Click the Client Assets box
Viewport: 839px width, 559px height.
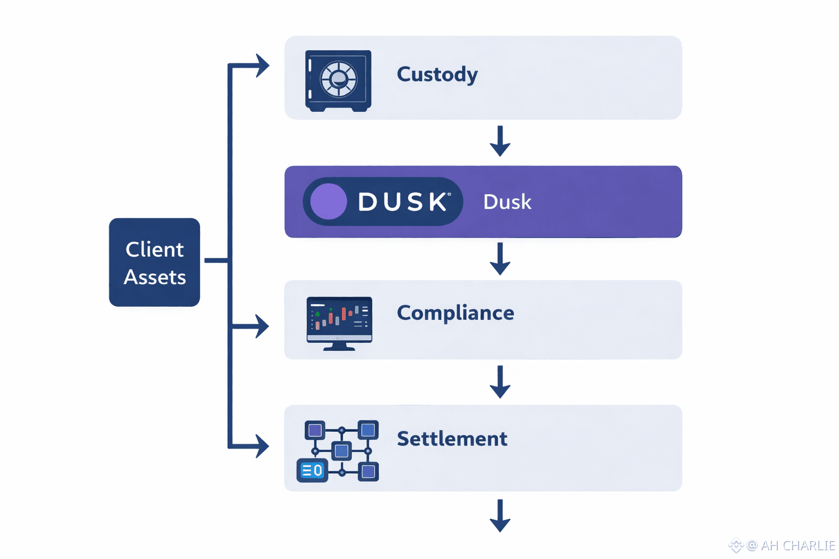[x=155, y=263]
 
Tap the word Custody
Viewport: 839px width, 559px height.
[x=437, y=74]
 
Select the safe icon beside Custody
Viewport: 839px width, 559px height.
[x=338, y=81]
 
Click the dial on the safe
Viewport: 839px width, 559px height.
[x=339, y=79]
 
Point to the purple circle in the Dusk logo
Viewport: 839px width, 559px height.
[x=328, y=201]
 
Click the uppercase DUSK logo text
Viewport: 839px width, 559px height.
[x=404, y=202]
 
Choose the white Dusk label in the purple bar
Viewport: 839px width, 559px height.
[x=507, y=202]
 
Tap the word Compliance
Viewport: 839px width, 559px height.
[x=455, y=313]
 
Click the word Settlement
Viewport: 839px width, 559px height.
[x=452, y=439]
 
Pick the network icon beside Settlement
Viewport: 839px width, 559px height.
[x=338, y=451]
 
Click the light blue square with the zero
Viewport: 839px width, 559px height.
[x=312, y=471]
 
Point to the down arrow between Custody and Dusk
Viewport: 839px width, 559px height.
[x=500, y=142]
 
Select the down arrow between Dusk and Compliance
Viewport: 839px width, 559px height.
[x=500, y=259]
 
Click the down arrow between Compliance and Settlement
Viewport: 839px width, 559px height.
[x=500, y=382]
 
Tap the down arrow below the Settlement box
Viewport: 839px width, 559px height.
[x=500, y=516]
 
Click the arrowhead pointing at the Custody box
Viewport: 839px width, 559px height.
[x=263, y=66]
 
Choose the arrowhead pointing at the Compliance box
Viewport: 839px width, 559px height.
[x=262, y=326]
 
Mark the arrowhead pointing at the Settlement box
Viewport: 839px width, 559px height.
[x=262, y=446]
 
